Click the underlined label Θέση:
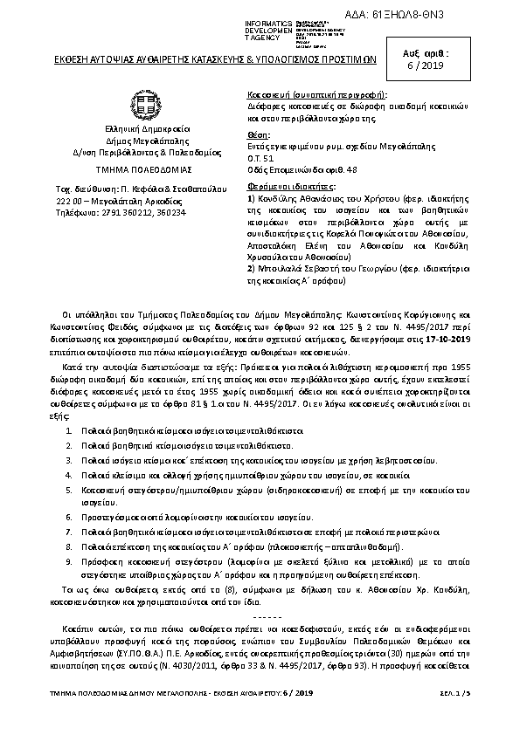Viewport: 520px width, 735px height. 260,136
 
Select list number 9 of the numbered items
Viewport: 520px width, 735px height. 70,565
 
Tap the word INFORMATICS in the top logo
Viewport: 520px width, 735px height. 268,23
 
